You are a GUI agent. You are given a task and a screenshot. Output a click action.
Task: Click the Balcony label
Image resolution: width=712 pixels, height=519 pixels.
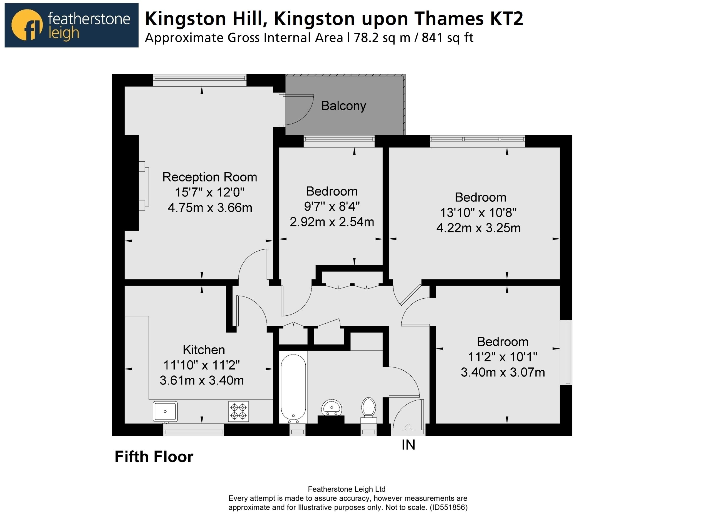pos(343,106)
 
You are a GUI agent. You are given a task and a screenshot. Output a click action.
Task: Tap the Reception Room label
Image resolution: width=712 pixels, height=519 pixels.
pos(209,177)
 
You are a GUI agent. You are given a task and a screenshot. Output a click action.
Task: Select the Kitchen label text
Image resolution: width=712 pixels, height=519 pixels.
pos(204,350)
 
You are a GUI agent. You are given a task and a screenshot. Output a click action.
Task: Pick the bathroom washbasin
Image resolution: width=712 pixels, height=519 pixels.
pos(332,408)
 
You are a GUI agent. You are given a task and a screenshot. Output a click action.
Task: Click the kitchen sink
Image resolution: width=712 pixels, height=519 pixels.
pos(165,411)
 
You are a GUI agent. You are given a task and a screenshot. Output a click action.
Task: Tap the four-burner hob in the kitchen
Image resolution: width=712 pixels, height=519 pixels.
pos(238,411)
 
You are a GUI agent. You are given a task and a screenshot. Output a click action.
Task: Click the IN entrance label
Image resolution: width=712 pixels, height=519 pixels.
pos(408,445)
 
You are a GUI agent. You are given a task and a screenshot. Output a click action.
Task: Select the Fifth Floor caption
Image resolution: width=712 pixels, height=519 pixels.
pos(154,457)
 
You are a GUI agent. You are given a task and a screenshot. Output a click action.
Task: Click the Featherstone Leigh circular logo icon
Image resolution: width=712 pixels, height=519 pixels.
pos(27,25)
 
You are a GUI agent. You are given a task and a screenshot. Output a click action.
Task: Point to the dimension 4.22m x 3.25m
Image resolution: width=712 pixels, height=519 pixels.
pos(478,228)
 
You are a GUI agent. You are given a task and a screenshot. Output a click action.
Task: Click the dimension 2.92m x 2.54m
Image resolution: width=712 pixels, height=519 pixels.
pos(332,222)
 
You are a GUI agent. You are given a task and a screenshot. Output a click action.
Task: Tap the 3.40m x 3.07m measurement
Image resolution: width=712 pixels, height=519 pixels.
pos(503,372)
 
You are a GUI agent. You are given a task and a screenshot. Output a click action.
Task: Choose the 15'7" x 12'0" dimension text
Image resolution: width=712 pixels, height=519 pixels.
pos(209,192)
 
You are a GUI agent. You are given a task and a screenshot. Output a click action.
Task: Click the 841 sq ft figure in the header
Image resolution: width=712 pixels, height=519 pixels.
pos(447,38)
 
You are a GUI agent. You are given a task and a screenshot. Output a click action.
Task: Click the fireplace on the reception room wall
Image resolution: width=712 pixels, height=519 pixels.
pos(144,186)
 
